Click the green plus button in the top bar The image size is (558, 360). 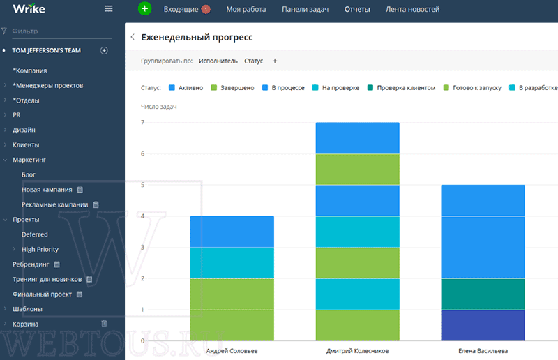pyautogui.click(x=144, y=8)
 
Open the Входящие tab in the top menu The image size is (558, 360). pyautogui.click(x=181, y=9)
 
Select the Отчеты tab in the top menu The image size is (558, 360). pyautogui.click(x=357, y=9)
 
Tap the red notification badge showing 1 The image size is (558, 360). pyautogui.click(x=206, y=9)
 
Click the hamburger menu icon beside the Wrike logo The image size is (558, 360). pyautogui.click(x=109, y=8)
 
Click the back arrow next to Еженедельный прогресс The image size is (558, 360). pyautogui.click(x=133, y=37)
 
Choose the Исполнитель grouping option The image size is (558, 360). pyautogui.click(x=218, y=61)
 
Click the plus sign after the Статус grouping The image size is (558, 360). pyautogui.click(x=275, y=61)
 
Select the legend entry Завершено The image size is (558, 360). pyautogui.click(x=232, y=88)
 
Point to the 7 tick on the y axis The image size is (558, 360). pyautogui.click(x=143, y=123)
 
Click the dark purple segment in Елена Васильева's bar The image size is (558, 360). pyautogui.click(x=483, y=325)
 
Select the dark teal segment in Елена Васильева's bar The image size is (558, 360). pyautogui.click(x=483, y=294)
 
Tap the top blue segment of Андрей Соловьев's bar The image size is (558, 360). pyautogui.click(x=232, y=232)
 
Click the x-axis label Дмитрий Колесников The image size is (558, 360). pyautogui.click(x=357, y=351)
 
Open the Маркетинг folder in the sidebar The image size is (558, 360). pyautogui.click(x=29, y=160)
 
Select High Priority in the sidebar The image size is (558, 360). pyautogui.click(x=40, y=249)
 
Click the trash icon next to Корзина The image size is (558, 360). pyautogui.click(x=104, y=323)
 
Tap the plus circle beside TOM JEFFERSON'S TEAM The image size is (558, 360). pyautogui.click(x=104, y=50)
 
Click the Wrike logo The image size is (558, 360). pyautogui.click(x=29, y=8)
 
